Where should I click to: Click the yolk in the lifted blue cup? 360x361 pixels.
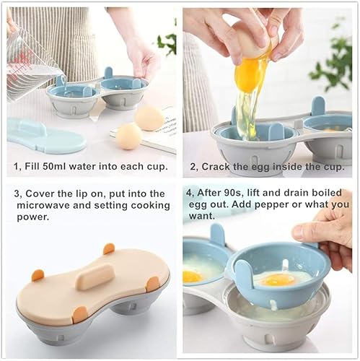(x=279, y=279)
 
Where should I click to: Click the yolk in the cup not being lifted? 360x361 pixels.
(x=192, y=277)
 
